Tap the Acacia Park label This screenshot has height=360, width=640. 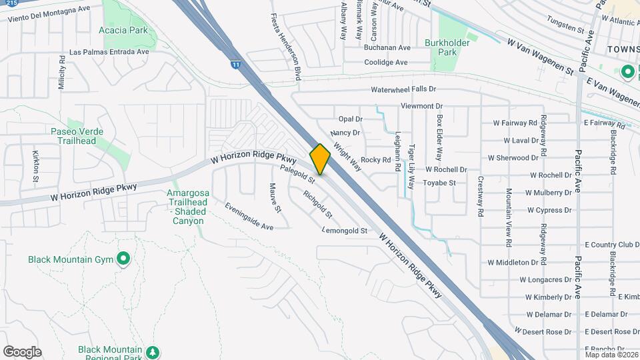coord(123,31)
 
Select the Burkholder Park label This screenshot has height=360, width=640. coord(448,47)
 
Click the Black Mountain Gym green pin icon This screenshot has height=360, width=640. coord(123,258)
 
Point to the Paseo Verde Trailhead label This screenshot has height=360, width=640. coord(77,136)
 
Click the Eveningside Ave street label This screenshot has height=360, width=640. coord(249,217)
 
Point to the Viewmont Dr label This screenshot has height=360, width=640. coord(421,106)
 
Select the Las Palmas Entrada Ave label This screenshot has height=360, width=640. coord(109,52)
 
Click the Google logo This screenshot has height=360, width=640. coord(22,352)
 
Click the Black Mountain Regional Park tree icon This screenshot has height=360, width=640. coord(153,351)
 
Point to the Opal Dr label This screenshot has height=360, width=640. coord(350,119)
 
